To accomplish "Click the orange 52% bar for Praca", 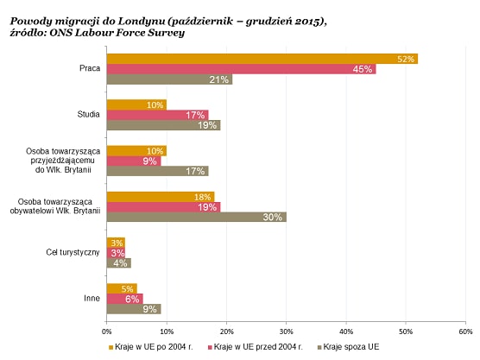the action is click(262, 59).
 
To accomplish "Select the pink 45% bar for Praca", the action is click(242, 69).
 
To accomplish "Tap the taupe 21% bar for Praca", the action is click(169, 79).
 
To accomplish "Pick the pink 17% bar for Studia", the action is click(158, 115).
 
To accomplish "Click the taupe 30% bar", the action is click(197, 217).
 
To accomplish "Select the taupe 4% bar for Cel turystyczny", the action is click(119, 263).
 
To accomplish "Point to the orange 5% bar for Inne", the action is click(122, 288).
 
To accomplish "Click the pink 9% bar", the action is click(134, 161).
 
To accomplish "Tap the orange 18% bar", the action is click(161, 197).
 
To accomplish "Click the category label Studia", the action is click(88, 115).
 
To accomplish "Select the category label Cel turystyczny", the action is click(73, 252).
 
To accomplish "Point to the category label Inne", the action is click(92, 298).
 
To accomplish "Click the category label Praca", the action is click(90, 68).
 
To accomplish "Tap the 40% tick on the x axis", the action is click(346, 332).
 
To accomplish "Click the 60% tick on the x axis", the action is click(465, 332).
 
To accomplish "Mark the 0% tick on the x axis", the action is click(106, 332).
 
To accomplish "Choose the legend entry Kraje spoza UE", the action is click(349, 347).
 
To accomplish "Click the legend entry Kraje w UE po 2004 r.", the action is click(151, 347).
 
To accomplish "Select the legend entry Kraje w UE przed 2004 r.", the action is click(255, 347).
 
